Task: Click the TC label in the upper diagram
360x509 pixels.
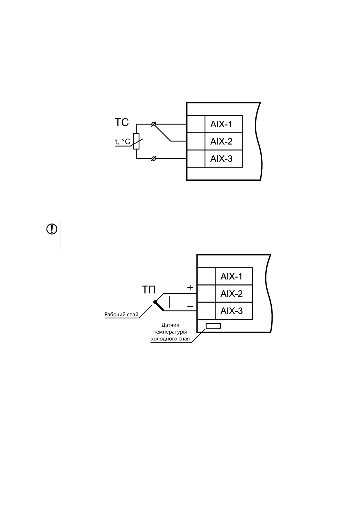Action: point(121,123)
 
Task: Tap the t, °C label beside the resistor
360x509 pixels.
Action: point(123,142)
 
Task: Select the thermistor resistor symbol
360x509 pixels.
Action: point(136,141)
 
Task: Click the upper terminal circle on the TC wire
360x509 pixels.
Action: point(153,124)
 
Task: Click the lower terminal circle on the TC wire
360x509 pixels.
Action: point(153,159)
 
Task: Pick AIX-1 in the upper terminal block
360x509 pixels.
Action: point(221,124)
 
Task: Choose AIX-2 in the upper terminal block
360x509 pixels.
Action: point(221,141)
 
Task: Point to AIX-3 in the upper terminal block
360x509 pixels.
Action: point(221,159)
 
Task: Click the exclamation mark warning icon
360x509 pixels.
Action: point(51,229)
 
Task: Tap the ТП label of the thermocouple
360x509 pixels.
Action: point(148,290)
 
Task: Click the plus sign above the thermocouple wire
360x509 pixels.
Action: point(190,288)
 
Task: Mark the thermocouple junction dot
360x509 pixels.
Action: point(155,302)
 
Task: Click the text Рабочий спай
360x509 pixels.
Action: point(121,314)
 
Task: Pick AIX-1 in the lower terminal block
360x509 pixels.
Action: point(232,276)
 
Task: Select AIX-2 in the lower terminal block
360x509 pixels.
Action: point(232,294)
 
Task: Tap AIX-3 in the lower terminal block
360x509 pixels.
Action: point(232,311)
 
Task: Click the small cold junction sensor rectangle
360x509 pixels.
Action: point(213,326)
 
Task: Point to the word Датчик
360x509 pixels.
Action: point(171,325)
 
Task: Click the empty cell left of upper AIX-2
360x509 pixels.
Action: point(196,141)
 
